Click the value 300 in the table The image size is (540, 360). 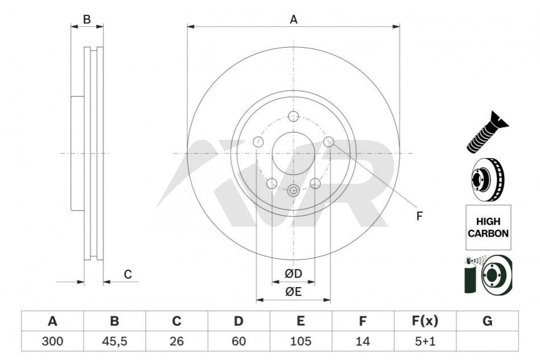point(52,341)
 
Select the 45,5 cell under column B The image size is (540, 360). point(114,341)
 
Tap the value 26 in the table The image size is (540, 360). point(176,341)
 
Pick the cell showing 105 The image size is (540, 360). point(300,341)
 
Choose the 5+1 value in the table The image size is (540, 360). point(425,341)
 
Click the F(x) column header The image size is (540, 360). point(425,321)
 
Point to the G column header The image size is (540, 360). point(487,321)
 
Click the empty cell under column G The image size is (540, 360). point(487,341)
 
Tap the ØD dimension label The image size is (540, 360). point(294,274)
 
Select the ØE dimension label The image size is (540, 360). point(294,292)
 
